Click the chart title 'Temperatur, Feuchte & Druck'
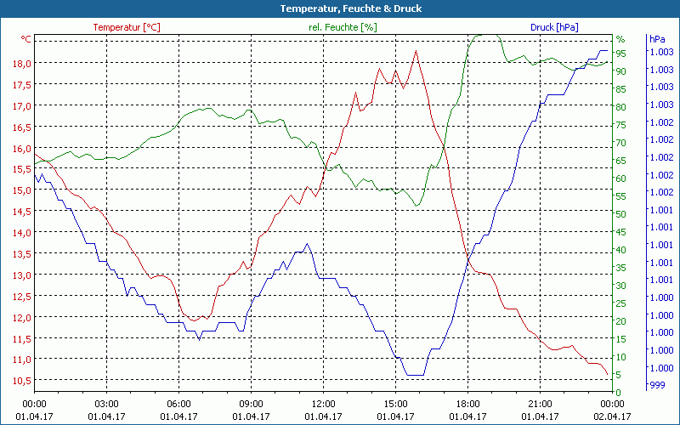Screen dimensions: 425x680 point(339,8)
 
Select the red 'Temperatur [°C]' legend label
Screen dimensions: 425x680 point(126,27)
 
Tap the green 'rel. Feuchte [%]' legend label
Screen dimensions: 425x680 point(342,27)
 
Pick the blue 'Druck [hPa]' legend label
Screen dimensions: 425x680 point(554,27)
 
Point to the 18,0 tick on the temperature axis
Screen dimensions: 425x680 point(21,64)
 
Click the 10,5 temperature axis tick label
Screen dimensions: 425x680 point(21,380)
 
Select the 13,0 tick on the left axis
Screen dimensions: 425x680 point(21,275)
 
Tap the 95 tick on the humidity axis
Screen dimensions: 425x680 point(621,54)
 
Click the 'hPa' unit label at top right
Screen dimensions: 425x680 point(656,39)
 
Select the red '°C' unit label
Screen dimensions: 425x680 point(26,39)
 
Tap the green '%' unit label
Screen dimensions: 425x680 point(620,39)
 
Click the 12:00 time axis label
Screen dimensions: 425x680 point(323,404)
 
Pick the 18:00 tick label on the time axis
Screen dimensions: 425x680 point(467,404)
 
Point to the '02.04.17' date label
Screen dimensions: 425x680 point(613,416)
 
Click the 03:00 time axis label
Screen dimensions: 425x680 point(106,404)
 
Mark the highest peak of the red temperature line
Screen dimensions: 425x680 point(416,51)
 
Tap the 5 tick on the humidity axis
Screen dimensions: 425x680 point(619,375)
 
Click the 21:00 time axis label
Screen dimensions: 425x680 point(541,404)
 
